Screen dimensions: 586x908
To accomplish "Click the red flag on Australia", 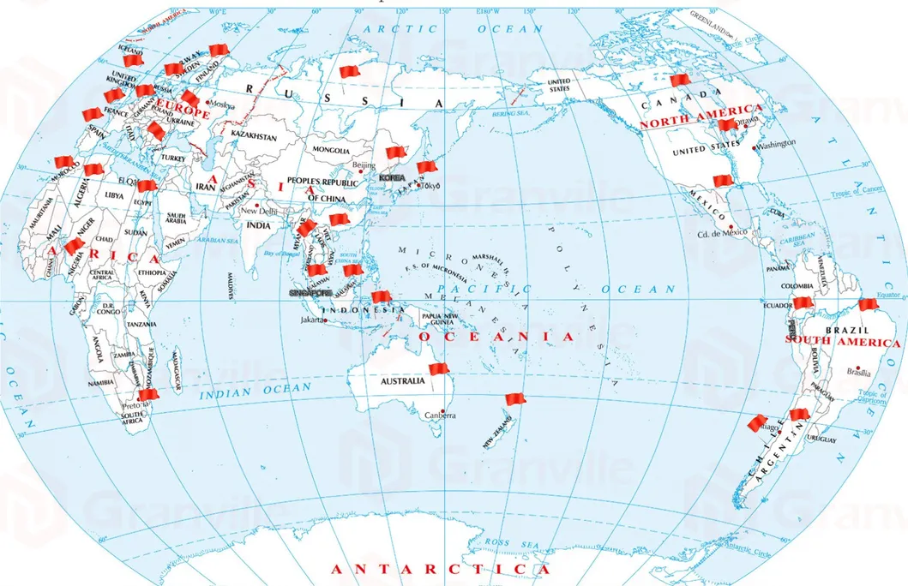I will coord(438,369).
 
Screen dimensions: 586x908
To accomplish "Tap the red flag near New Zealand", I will coord(514,399).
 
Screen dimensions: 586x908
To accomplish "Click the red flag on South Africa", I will coord(148,395).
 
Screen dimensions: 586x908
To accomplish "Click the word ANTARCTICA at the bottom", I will coord(440,570).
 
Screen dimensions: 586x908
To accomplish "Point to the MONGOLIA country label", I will coord(333,150).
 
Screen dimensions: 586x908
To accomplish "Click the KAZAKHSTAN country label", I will coord(256,136).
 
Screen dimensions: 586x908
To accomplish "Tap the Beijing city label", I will coord(364,164).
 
